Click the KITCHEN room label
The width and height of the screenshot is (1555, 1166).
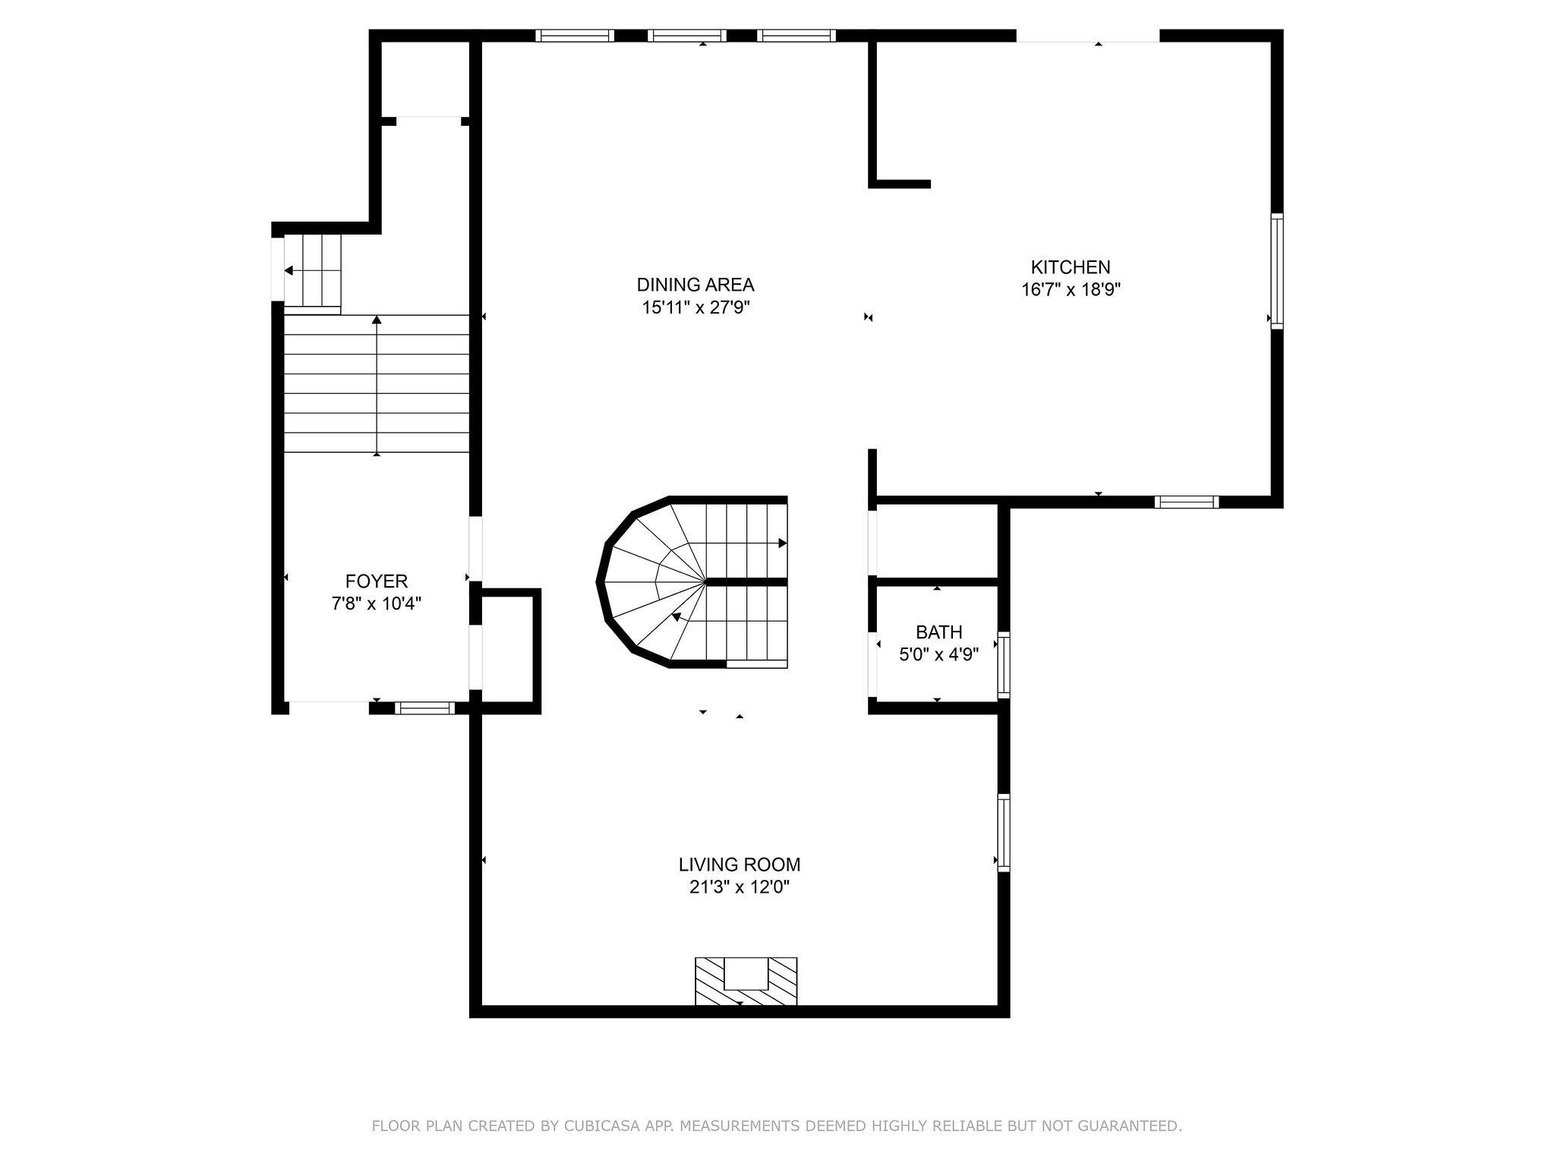coord(1070,267)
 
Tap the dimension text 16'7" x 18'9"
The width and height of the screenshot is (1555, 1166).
coord(1071,289)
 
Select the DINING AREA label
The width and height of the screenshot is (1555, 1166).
coord(695,285)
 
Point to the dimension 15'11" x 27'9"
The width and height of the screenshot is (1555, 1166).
coord(695,307)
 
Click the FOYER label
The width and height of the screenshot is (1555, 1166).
coord(377,581)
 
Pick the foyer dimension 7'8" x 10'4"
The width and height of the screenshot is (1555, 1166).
coord(377,603)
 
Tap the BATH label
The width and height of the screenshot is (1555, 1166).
coord(938,632)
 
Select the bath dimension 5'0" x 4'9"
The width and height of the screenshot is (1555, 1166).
coord(938,654)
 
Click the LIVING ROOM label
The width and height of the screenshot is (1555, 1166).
coord(739,865)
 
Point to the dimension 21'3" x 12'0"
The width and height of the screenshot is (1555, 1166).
coord(739,887)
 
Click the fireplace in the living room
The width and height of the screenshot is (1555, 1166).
coord(746,981)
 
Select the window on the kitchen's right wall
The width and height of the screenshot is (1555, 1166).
coord(1277,271)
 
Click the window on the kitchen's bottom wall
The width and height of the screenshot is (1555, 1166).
coord(1186,502)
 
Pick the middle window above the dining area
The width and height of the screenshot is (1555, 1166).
coord(686,35)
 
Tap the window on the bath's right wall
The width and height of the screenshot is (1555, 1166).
coord(1003,665)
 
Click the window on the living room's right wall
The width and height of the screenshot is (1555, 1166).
coord(1003,832)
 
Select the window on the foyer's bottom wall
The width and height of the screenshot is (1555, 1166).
coord(424,708)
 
